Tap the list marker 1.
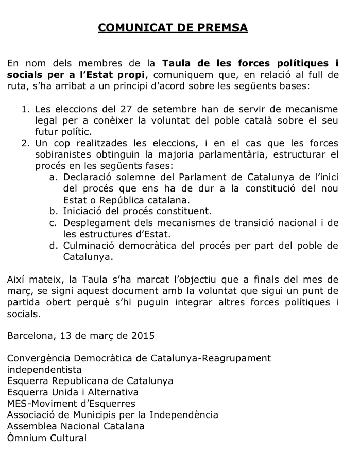pyautogui.click(x=25, y=109)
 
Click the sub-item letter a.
pyautogui.click(x=53, y=177)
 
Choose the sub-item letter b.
pyautogui.click(x=53, y=211)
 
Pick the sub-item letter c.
pyautogui.click(x=53, y=222)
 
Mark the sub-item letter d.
pyautogui.click(x=53, y=245)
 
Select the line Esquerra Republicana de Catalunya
pyautogui.click(x=90, y=381)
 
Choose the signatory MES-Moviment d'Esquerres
pyautogui.click(x=71, y=404)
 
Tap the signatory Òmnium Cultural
pyautogui.click(x=47, y=438)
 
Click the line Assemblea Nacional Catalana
pyautogui.click(x=76, y=426)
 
